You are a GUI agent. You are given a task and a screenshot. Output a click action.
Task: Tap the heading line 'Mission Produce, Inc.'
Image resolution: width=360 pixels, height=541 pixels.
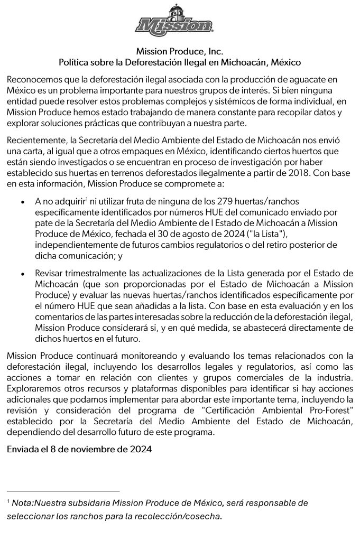[x=180, y=52]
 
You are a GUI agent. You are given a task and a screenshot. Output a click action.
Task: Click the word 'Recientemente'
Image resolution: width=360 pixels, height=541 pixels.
[x=38, y=140]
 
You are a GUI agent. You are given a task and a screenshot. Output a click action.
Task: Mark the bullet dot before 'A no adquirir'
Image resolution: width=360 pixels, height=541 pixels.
[x=22, y=202]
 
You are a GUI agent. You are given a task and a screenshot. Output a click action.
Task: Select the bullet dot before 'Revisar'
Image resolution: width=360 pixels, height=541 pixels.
[x=22, y=274]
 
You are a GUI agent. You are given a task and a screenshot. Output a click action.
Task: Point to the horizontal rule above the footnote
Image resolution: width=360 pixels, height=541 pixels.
[x=63, y=491]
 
